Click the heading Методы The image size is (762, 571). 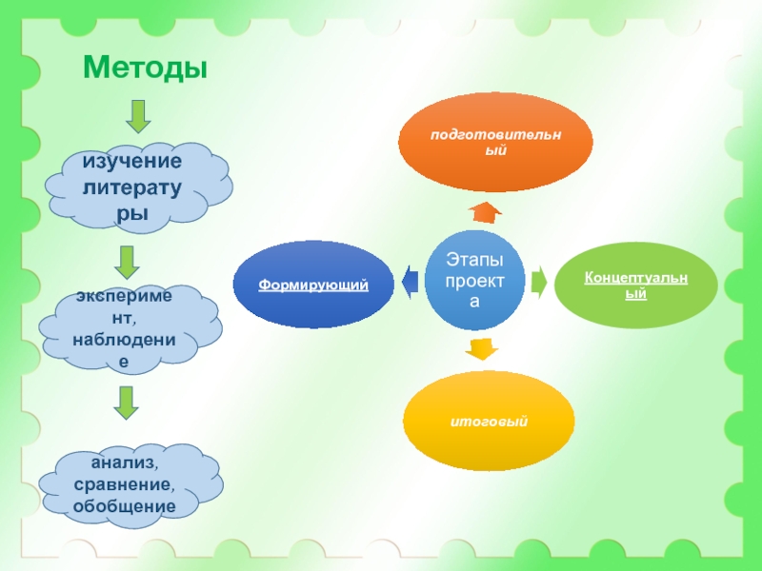(145, 67)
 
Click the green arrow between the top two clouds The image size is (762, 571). (127, 263)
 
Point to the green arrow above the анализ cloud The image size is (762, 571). (125, 403)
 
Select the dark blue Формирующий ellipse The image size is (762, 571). (313, 285)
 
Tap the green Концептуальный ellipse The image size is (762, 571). (635, 285)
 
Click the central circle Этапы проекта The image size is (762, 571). (474, 281)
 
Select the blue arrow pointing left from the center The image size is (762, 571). (409, 282)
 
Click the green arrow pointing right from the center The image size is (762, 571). (538, 282)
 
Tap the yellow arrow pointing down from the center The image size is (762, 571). (482, 349)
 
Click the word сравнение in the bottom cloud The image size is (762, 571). (124, 484)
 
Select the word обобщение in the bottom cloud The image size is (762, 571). (124, 505)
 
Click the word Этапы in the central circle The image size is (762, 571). (474, 260)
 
